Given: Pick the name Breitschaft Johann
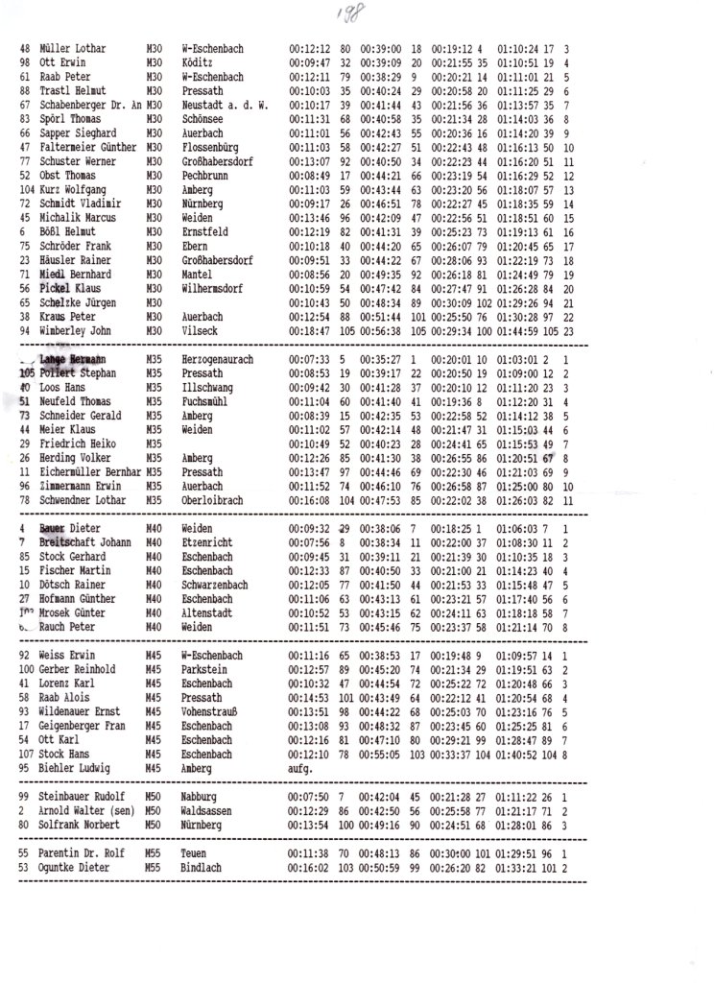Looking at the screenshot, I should click(x=84, y=542).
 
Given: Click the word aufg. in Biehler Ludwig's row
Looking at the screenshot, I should click(x=300, y=769).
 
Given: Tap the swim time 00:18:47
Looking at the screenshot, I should click(x=308, y=330).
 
